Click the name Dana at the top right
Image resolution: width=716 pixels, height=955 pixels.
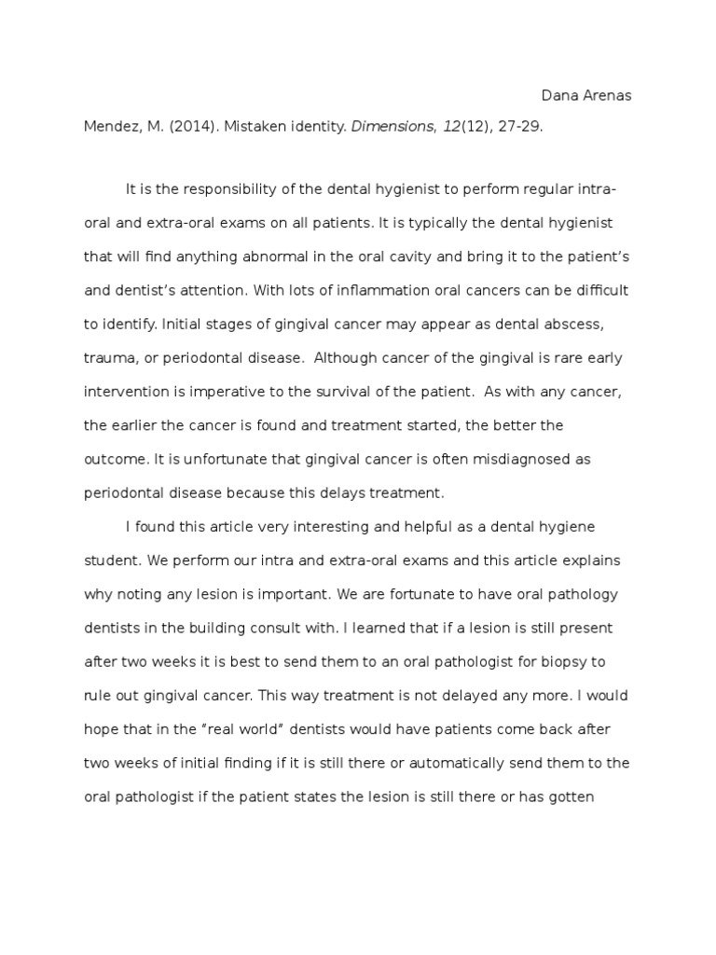(559, 96)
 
